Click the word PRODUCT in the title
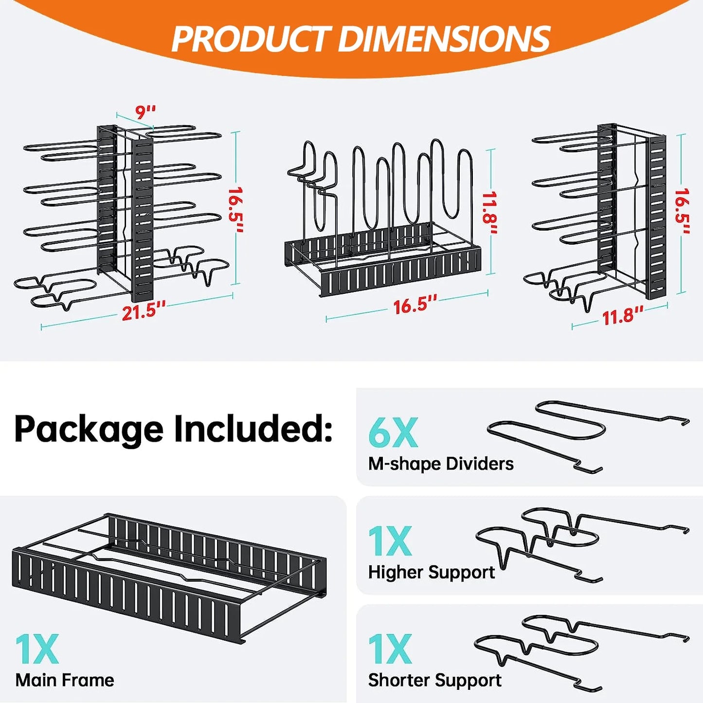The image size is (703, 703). [x=251, y=39]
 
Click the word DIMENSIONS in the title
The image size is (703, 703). [x=444, y=39]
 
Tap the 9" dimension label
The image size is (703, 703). [x=145, y=112]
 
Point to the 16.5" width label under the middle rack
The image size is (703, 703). [x=415, y=305]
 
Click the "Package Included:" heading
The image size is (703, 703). [x=173, y=429]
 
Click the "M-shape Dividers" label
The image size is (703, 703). [x=441, y=464]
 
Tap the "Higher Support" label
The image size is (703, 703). [x=432, y=572]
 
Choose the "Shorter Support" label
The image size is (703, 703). [x=435, y=680]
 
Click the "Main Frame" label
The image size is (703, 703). [x=65, y=680]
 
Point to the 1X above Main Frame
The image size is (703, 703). [x=37, y=649]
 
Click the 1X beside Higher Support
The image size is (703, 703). [x=390, y=541]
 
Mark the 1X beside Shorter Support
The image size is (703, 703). [x=390, y=649]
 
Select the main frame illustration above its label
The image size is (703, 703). [x=168, y=574]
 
